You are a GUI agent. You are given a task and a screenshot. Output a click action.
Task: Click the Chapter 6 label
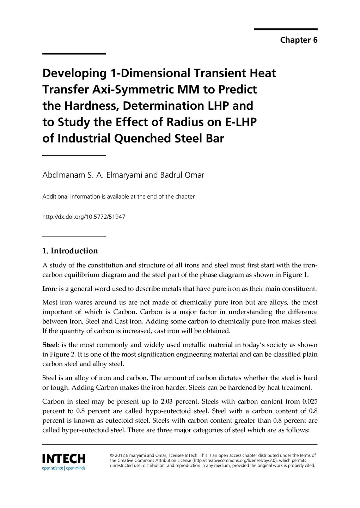(x=299, y=40)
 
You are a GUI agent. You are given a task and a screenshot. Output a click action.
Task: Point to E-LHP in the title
(x=241, y=122)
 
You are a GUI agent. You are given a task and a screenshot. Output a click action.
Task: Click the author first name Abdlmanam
(x=63, y=175)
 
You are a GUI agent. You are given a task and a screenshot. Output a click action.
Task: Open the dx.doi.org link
(x=84, y=217)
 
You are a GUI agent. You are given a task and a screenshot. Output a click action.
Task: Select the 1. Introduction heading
(x=70, y=251)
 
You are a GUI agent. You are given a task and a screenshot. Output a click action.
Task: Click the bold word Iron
(x=49, y=289)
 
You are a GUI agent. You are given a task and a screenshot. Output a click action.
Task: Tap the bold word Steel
(x=50, y=345)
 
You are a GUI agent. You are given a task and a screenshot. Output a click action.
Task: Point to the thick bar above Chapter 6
(x=286, y=29)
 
